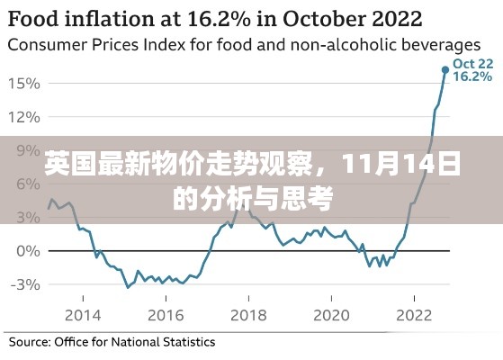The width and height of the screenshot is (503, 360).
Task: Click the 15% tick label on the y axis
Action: (23, 84)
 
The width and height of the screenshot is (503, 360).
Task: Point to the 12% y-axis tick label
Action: (23, 117)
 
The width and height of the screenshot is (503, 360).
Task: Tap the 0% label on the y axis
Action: (27, 250)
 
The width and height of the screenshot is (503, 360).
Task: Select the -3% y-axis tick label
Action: (23, 284)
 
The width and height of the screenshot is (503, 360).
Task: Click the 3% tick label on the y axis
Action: (27, 217)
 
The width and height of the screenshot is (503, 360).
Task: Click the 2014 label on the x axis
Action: (85, 314)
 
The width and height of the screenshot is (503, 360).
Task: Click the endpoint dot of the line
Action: (445, 69)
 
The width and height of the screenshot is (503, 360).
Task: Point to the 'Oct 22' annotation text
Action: (472, 64)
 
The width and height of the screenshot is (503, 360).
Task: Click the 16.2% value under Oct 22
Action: (472, 77)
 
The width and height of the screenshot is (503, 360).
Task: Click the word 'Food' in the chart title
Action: (35, 18)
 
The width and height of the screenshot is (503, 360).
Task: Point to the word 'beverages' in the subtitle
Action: (441, 44)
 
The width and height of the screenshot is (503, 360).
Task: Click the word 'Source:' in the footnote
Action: (30, 342)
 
